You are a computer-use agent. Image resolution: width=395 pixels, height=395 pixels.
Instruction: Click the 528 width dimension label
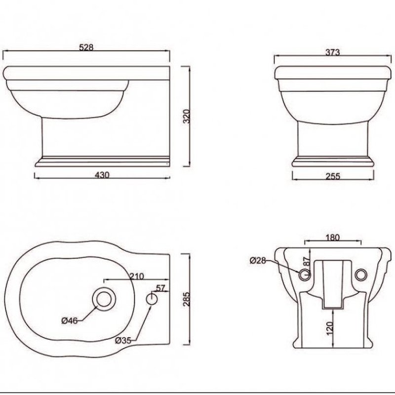tap(86, 48)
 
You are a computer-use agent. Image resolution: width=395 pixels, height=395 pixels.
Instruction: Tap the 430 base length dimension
tap(102, 175)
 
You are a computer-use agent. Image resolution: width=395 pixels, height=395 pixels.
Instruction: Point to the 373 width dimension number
tap(333, 53)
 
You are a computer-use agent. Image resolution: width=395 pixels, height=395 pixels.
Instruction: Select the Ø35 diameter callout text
tap(123, 340)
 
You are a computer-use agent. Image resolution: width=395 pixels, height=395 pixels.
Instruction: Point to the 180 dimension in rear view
tap(333, 237)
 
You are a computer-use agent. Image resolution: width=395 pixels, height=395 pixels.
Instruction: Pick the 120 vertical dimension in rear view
tap(330, 327)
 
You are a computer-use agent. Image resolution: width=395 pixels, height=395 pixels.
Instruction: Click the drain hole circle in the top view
tap(104, 298)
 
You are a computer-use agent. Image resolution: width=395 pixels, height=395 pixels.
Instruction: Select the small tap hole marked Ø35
tap(153, 298)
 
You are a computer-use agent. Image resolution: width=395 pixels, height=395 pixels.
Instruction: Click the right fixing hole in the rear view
tap(362, 274)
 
